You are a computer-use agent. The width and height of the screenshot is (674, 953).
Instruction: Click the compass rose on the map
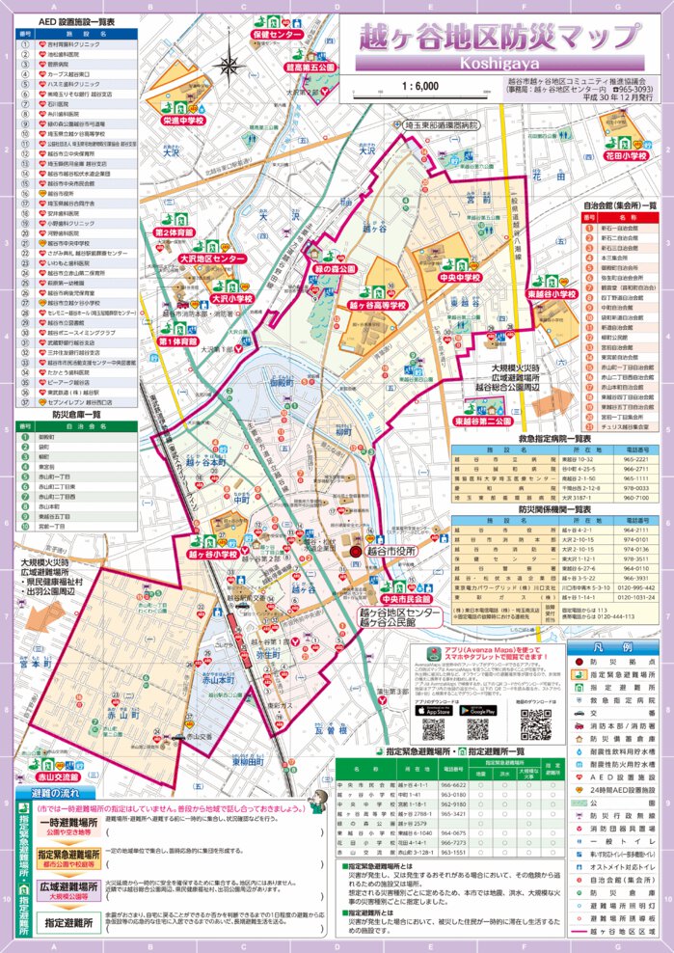coord(230,66)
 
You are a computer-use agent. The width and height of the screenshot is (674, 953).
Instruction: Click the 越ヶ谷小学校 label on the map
coord(213,554)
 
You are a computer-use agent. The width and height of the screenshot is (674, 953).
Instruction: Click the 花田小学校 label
coord(624,154)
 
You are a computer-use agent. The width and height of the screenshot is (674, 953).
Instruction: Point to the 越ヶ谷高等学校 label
coord(375,305)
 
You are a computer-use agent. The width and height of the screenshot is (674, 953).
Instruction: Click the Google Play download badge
coord(478,710)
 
